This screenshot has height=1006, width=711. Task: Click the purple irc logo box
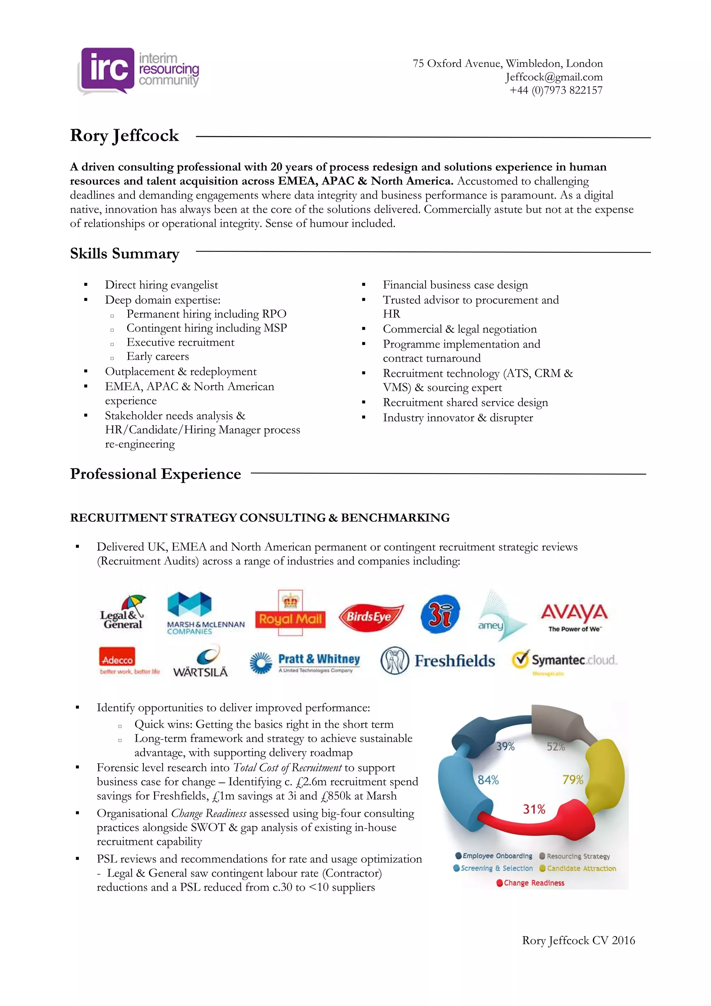point(108,69)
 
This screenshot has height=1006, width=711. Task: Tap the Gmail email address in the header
point(553,77)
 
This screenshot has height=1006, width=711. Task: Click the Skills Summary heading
point(125,254)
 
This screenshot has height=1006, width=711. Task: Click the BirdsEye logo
point(370,617)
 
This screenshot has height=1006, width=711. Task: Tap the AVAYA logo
point(574,617)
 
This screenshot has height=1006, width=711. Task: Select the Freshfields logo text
point(454,661)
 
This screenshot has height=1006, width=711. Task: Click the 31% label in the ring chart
point(534,809)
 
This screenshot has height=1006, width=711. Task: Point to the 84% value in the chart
point(488,780)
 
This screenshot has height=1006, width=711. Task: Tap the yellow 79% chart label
point(572,780)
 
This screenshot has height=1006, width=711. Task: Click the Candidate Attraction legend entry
point(580,868)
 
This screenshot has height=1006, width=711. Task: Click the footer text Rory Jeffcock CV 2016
point(578,940)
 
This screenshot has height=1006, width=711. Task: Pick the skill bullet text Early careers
point(158,356)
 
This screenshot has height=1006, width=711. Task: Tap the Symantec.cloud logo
point(565,660)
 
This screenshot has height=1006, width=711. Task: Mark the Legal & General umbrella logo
point(123,612)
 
